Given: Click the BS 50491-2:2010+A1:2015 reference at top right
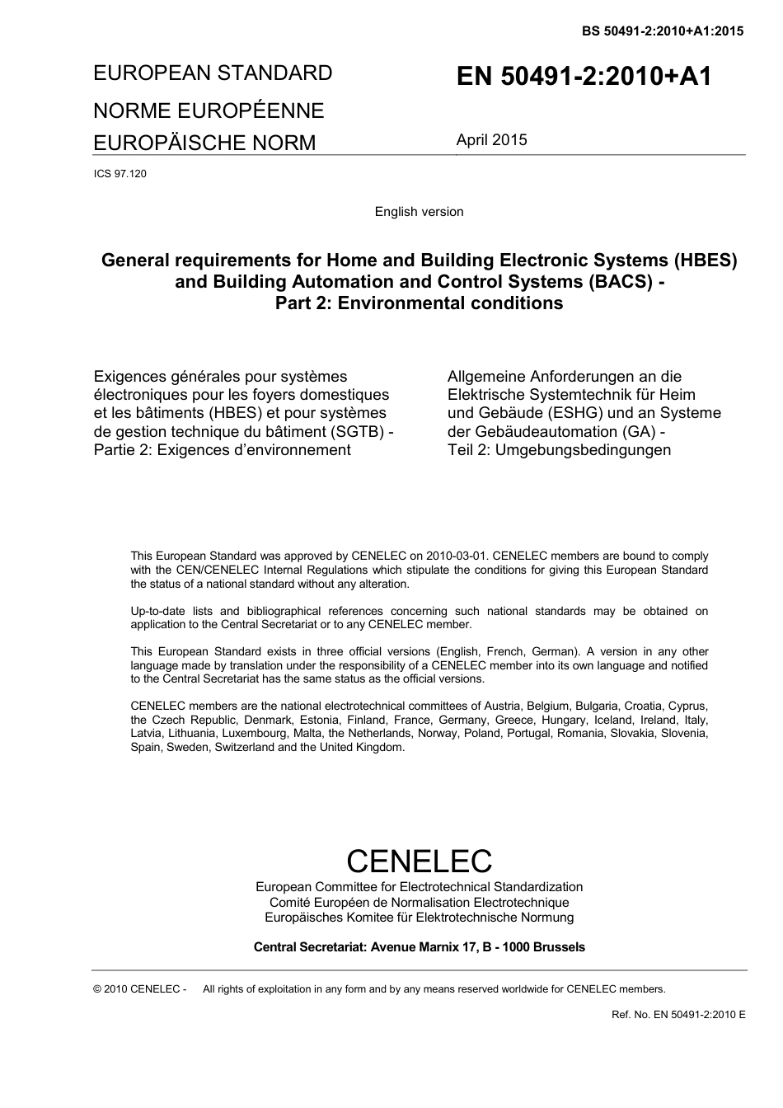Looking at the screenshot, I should (662, 31).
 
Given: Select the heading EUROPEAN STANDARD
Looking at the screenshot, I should (213, 73).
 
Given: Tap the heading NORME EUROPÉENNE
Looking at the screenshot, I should (209, 110).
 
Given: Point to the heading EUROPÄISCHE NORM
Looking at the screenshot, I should (204, 143).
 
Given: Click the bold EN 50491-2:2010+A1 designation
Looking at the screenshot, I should (584, 77).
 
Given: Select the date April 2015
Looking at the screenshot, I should (491, 140).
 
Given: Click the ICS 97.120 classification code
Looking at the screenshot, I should (120, 174).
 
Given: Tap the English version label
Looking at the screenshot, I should (419, 212).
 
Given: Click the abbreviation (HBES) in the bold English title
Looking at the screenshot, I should (705, 261).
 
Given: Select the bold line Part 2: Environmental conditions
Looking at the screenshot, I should (419, 303).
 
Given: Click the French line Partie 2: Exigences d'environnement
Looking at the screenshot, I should (223, 450).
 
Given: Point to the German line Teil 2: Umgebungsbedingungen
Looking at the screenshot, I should (559, 450).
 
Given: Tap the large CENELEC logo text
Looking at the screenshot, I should (419, 861).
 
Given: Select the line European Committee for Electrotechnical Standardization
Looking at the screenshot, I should (419, 887).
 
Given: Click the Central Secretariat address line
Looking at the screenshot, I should (419, 947).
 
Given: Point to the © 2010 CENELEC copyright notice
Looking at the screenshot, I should (140, 989).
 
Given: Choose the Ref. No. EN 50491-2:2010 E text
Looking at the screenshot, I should (678, 1015).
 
